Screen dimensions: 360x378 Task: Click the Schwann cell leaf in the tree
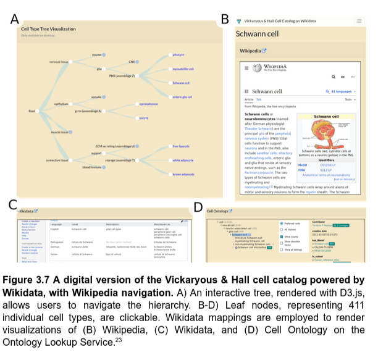[x=180, y=82]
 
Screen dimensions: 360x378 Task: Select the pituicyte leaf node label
[x=178, y=55]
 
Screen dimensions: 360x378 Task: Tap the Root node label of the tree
[x=31, y=111]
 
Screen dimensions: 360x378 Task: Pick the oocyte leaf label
[x=144, y=117]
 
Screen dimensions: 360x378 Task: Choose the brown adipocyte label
[x=183, y=174]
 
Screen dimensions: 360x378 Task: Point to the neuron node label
[x=96, y=55]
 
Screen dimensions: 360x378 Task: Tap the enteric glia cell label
[x=182, y=96]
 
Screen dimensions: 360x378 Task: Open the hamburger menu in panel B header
[x=359, y=21]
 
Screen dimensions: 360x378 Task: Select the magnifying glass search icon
[x=334, y=77]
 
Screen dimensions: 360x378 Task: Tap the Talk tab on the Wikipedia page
[x=259, y=99]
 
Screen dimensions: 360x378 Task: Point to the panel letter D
[x=198, y=207]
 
